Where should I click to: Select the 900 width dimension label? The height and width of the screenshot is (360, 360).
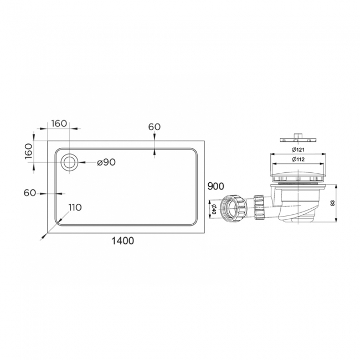coord(215,186)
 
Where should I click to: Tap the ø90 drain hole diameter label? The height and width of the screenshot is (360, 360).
coord(105,162)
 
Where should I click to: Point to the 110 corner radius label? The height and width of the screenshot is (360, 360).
coord(75,207)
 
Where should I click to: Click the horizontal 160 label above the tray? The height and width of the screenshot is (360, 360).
coord(59,124)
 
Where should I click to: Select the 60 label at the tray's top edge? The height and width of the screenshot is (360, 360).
coord(154,126)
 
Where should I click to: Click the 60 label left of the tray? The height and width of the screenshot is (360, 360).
coord(30,193)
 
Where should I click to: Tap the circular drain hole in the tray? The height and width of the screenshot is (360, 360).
coord(69,162)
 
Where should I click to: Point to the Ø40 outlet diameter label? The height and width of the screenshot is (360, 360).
coord(213,209)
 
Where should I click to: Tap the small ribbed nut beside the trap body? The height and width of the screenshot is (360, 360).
coord(258,206)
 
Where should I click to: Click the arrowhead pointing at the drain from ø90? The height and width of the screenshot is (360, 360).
coord(79,162)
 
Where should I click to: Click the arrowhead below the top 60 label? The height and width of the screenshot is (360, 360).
coord(154,153)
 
